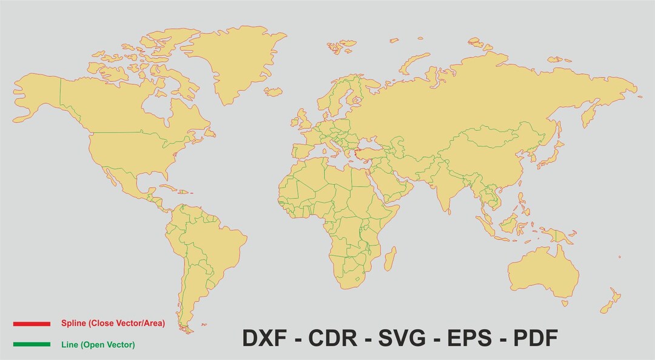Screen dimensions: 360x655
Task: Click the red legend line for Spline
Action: [x=32, y=324]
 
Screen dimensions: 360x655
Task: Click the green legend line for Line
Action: [x=32, y=344]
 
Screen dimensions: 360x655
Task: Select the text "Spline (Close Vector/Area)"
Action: [x=113, y=324]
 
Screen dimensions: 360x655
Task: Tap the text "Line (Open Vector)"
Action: [x=98, y=345]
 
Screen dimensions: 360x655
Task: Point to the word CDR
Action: [x=332, y=338]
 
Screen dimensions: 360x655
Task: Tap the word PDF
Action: [x=536, y=338]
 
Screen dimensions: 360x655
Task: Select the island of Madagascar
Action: [x=389, y=259]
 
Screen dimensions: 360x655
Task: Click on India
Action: [x=449, y=188]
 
